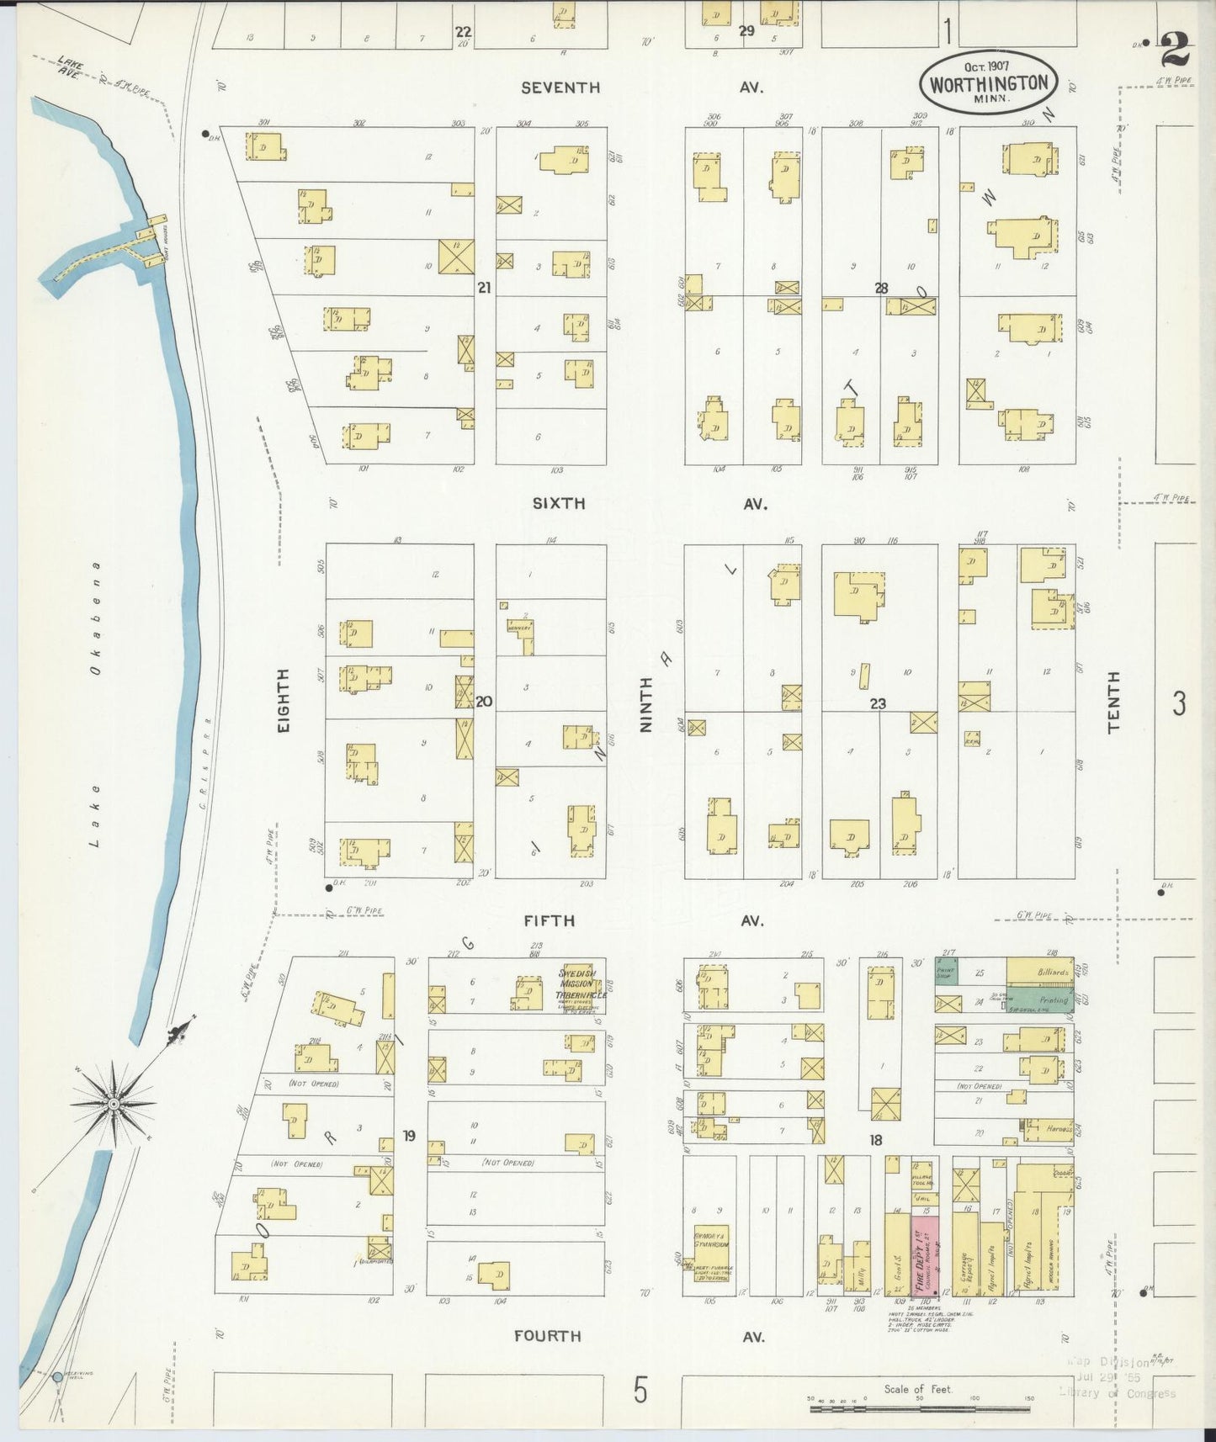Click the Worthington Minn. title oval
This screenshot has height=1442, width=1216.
click(989, 83)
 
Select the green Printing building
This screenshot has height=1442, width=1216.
click(1039, 1000)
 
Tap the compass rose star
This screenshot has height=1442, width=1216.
click(114, 1103)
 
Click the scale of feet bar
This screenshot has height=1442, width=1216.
click(921, 1408)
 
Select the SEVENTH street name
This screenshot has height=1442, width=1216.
click(560, 87)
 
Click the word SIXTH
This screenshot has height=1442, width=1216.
click(558, 503)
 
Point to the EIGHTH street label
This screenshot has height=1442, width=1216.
click(283, 700)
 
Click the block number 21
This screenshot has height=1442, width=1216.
click(484, 288)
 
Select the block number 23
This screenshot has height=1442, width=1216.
click(878, 703)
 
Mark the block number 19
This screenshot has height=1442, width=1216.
click(409, 1136)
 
